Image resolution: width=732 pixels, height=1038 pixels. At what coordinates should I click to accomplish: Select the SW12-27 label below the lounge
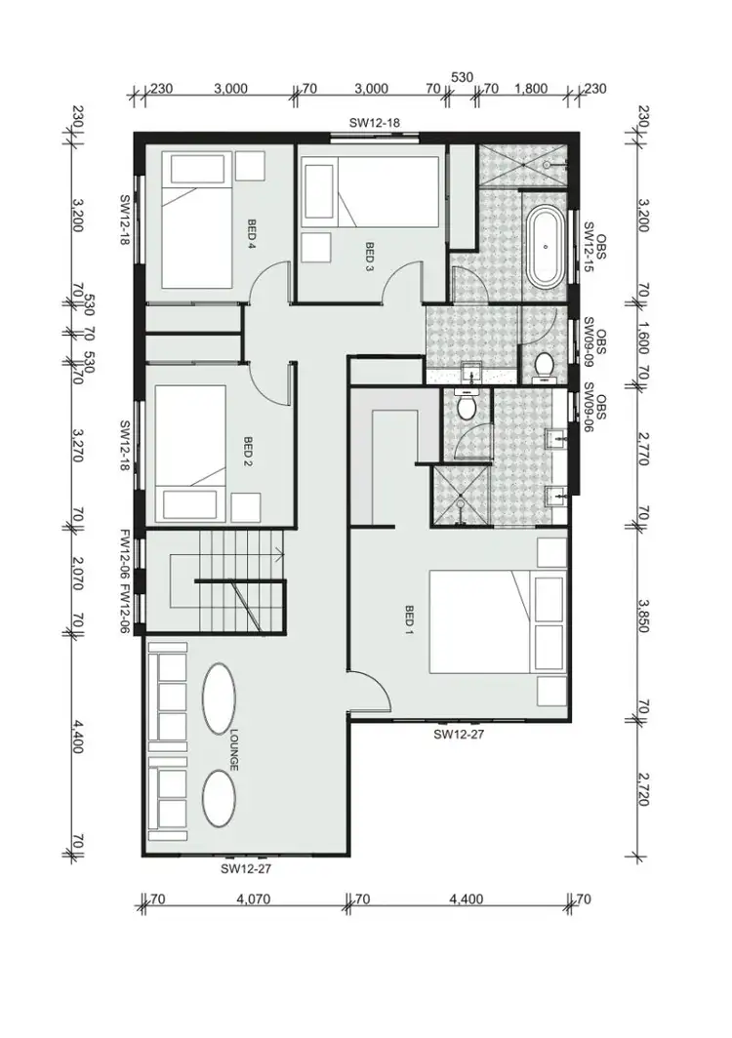[246, 867]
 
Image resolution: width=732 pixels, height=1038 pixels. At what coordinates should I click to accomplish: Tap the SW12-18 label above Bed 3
[376, 123]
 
